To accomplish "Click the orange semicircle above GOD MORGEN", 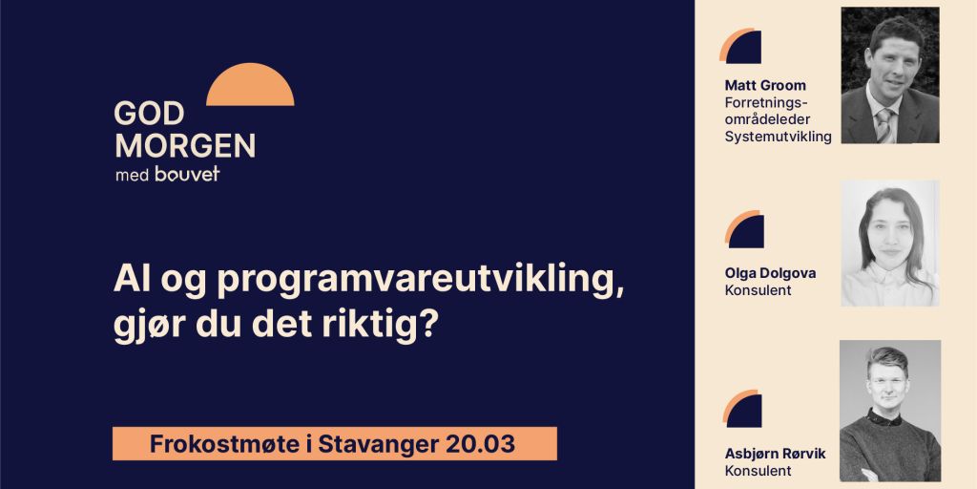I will pos(250,87).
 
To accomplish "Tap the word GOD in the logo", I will pos(148,115).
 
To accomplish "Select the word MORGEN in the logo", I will pos(184,145).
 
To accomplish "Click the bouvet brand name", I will pos(188,175).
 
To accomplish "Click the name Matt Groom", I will pos(765,85).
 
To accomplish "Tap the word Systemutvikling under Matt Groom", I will pos(778,137).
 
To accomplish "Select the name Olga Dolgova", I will pos(770,273).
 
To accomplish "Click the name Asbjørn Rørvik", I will pos(775,454).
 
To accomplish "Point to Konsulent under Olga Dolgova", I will pos(758,290).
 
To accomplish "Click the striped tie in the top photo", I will pos(885,124).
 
